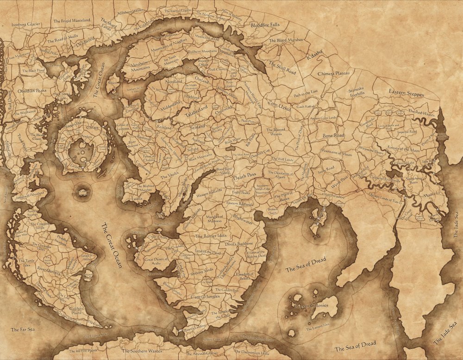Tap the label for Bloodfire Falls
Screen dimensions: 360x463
(x=265, y=24)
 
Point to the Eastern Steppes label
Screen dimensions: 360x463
(x=406, y=93)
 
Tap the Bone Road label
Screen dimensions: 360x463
(x=333, y=136)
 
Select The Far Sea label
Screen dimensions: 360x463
(x=21, y=330)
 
